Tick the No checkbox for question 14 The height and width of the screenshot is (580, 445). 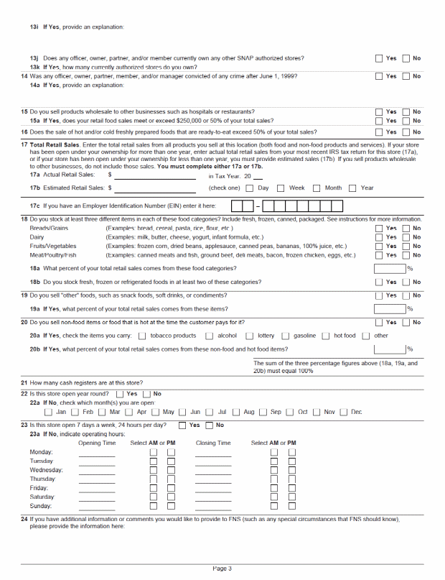tap(406, 76)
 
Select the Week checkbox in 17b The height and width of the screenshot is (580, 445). tap(281, 188)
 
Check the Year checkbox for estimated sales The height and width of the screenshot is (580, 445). tap(352, 188)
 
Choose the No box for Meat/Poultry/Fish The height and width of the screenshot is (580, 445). tap(406, 255)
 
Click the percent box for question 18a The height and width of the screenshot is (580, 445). tap(390, 268)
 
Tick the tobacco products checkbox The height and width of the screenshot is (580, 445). tap(142, 336)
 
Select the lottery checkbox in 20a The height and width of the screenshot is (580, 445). tap(250, 336)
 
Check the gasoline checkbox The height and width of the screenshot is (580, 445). tap(286, 336)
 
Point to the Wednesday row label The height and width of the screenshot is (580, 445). tap(47, 470)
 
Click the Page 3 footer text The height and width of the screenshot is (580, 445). tap(222, 569)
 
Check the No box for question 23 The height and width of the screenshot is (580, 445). tap(210, 425)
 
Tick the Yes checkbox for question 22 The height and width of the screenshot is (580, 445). tap(119, 394)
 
